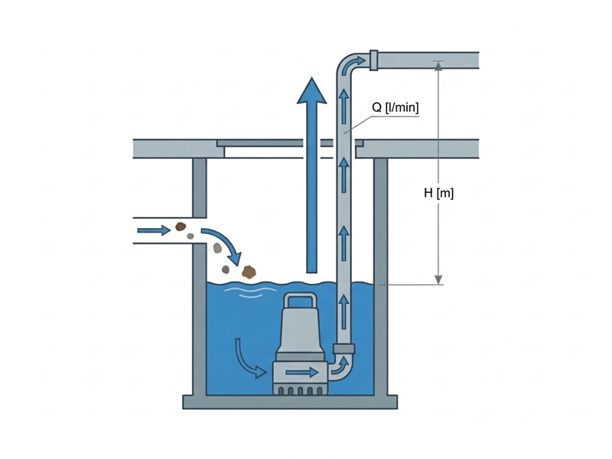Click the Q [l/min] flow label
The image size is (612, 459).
pos(395,107)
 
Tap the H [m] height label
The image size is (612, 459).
pos(438,193)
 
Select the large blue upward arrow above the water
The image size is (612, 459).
pos(311,174)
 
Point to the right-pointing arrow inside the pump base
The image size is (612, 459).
pos(302,373)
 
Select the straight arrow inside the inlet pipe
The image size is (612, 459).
pos(155,230)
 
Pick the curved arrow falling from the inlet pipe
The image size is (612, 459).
pos(224,244)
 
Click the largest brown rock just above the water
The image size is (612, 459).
pos(249,272)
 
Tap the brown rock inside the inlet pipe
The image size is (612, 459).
pos(180,226)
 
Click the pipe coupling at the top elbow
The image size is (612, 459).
pos(373,60)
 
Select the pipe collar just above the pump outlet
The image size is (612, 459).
pos(343,349)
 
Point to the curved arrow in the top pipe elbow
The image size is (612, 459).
pos(353,63)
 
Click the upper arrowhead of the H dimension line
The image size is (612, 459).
pos(438,66)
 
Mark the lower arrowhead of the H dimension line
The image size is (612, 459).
pos(438,280)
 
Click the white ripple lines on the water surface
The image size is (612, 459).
pos(250,292)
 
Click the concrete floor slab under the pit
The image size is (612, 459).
pos(290,402)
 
